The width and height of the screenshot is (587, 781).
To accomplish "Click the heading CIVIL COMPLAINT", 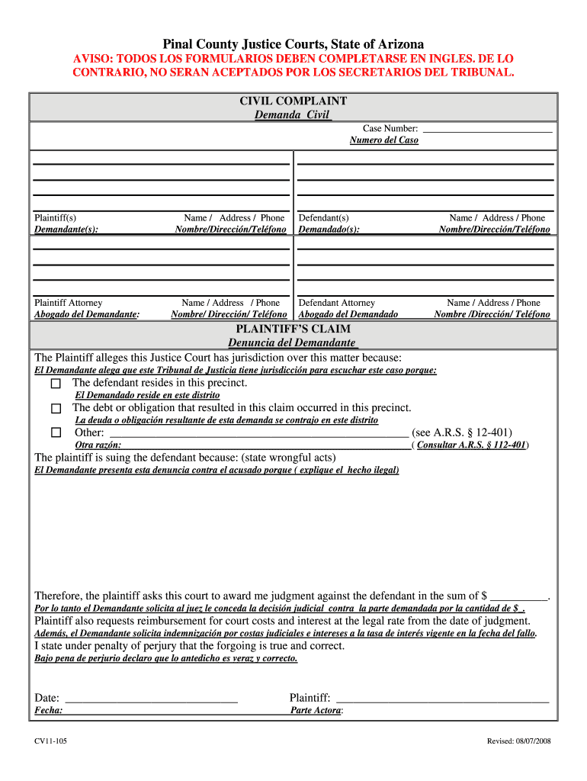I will click(x=293, y=101).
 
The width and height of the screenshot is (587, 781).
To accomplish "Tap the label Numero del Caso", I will click(x=383, y=140).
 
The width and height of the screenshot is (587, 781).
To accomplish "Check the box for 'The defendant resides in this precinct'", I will click(x=56, y=383).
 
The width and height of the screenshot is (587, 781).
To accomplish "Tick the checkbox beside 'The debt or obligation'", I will click(x=56, y=409).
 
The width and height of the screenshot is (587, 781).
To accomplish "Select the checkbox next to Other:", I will click(x=56, y=432).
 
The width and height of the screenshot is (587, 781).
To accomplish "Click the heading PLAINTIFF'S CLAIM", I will click(x=293, y=329).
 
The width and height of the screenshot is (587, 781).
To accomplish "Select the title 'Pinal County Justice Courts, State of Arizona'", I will click(x=293, y=44).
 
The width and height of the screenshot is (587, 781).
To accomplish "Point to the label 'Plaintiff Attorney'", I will click(x=69, y=303).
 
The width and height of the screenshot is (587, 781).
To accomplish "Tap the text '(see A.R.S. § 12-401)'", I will click(x=462, y=432).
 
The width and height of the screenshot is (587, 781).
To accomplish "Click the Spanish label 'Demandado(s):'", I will click(x=329, y=229).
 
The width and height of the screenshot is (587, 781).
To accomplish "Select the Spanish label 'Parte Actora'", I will click(x=316, y=710).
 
